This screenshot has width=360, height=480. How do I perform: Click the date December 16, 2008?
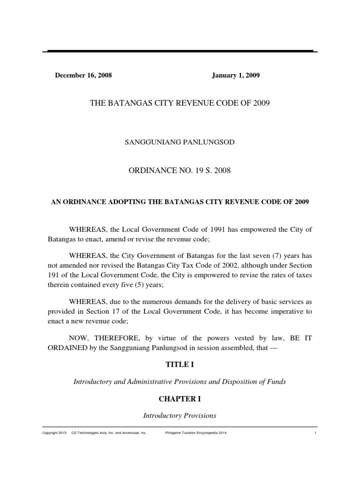[83, 75]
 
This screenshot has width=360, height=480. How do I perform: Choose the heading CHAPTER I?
[180, 400]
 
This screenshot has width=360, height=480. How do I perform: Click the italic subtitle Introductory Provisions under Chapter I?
[180, 416]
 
